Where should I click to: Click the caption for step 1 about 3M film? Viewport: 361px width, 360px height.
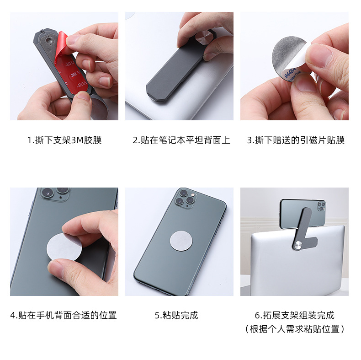click(x=64, y=140)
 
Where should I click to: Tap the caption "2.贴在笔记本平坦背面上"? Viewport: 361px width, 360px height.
click(x=181, y=140)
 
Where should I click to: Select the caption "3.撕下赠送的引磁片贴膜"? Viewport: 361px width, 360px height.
click(x=296, y=140)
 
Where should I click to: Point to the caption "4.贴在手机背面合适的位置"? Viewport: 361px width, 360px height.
click(x=64, y=315)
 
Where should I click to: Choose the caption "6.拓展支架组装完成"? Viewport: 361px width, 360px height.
click(x=294, y=315)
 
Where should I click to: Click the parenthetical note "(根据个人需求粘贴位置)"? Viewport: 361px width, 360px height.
click(x=294, y=329)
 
